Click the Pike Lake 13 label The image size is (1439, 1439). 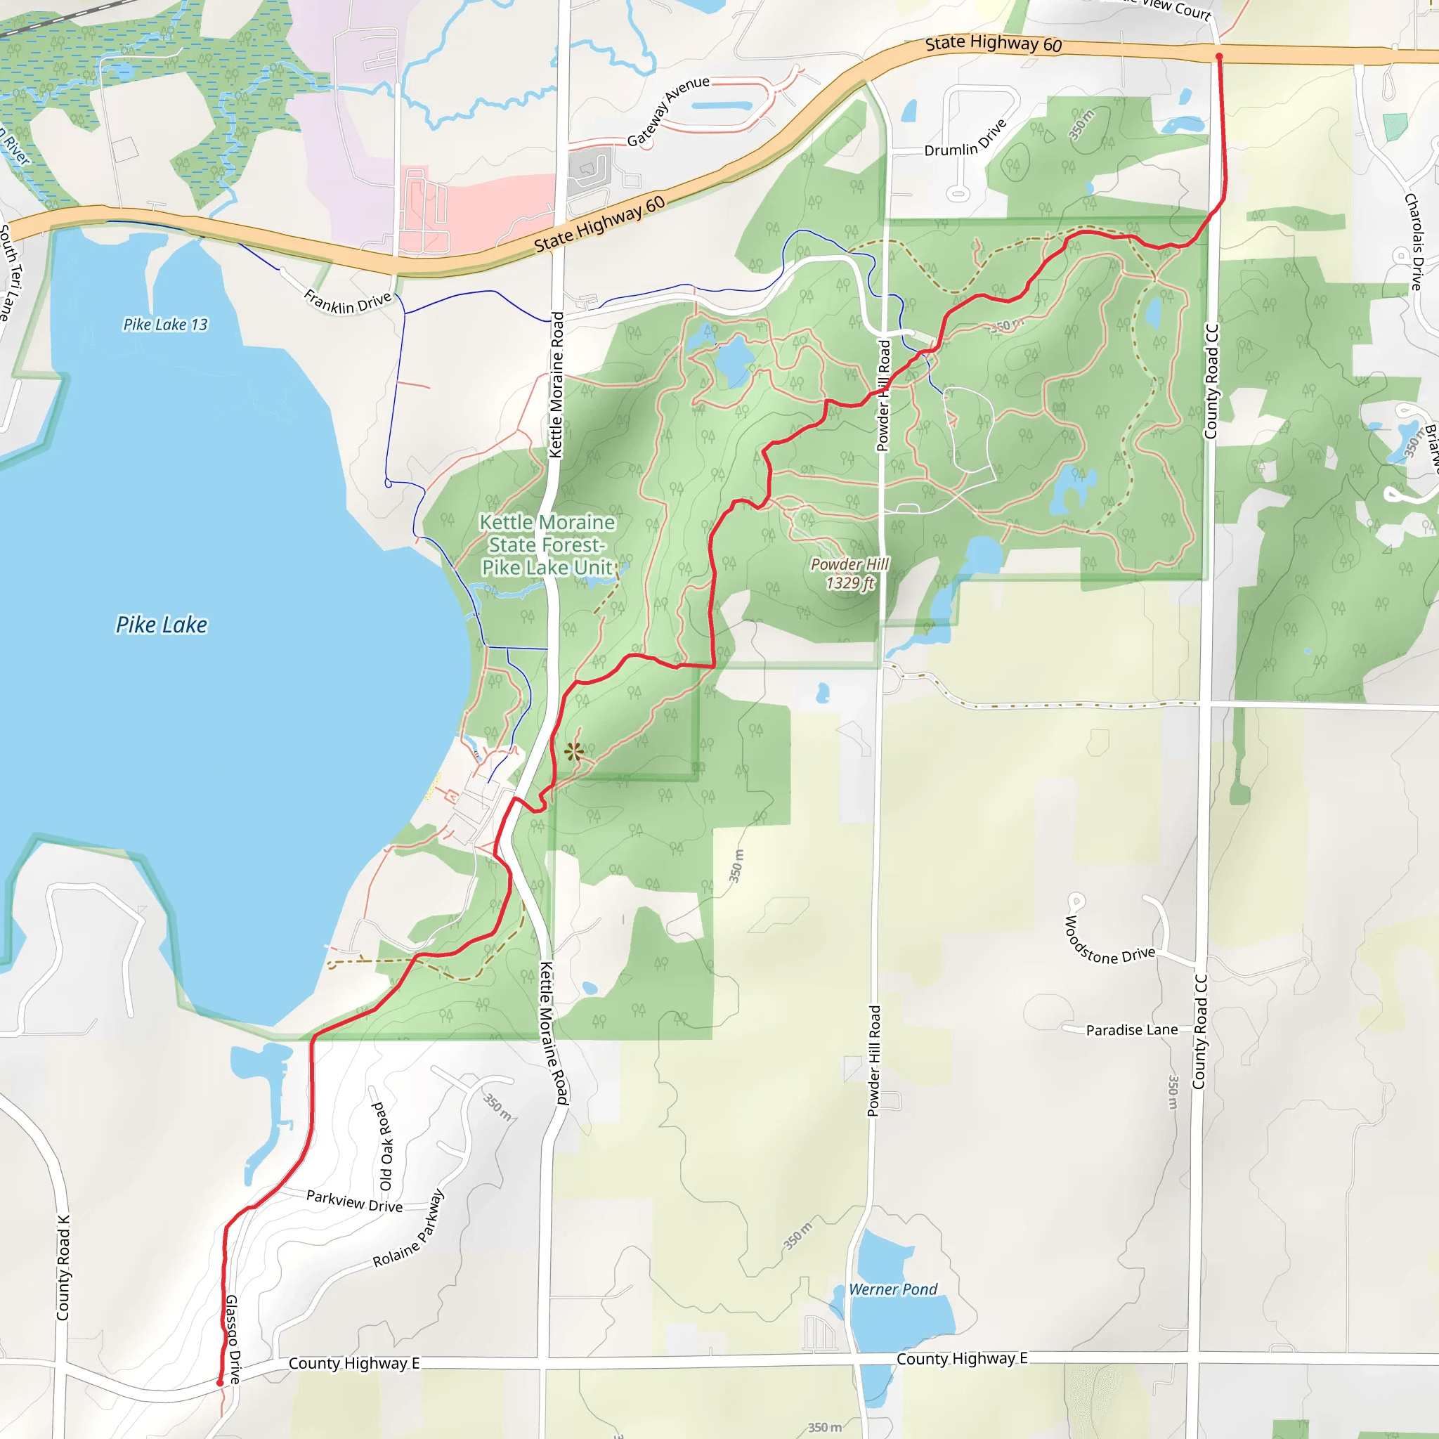165,324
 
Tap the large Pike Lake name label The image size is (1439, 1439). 162,624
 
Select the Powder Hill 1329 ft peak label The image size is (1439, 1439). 850,573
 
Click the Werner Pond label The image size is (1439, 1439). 893,1289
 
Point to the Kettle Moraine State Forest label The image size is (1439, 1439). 547,545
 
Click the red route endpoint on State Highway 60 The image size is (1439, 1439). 1218,57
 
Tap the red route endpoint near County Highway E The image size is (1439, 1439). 220,1383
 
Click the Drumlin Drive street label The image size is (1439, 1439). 965,138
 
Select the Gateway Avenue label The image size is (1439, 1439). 668,111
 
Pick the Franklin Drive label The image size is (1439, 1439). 348,301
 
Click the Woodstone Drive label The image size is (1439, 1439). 1108,942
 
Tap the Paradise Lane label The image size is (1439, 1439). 1131,1030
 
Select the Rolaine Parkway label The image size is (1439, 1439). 409,1228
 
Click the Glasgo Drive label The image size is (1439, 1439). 233,1339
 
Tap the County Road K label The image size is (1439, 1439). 63,1268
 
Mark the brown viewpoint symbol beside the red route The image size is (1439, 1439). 573,752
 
